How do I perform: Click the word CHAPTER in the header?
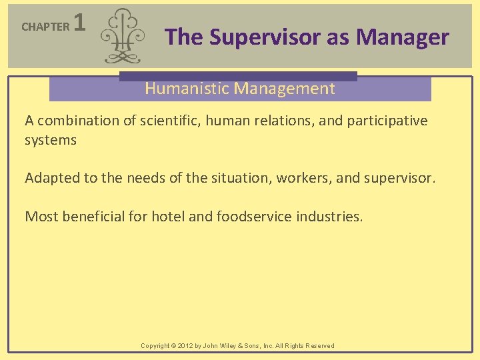(45, 27)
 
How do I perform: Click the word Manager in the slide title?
(403, 37)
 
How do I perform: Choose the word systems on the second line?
(51, 141)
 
